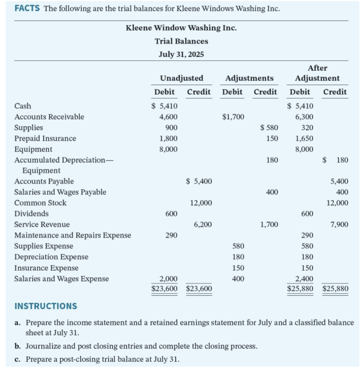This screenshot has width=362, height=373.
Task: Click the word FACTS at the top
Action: [x=27, y=8]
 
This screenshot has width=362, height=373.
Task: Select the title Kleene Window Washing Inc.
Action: [x=181, y=28]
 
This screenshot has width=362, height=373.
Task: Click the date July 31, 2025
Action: [x=181, y=54]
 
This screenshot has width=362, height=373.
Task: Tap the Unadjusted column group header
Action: [x=182, y=78]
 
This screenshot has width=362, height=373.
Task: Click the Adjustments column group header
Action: [x=249, y=78]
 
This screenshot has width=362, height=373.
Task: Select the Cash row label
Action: [x=23, y=106]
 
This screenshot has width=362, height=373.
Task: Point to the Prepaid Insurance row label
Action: [x=45, y=138]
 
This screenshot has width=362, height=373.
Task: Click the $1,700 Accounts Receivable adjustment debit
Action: [x=233, y=117]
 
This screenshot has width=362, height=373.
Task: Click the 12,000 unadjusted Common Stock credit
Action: [x=201, y=203]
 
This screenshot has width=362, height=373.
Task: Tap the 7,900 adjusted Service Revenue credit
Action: [x=339, y=224]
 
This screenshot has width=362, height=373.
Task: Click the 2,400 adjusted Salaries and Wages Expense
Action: [x=305, y=279]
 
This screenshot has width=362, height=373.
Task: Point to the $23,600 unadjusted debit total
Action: [x=165, y=289]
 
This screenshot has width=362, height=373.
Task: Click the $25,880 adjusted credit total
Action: [x=335, y=289]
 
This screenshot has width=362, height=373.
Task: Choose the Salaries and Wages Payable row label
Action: [x=60, y=192]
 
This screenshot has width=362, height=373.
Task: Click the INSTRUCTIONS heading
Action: [x=46, y=306]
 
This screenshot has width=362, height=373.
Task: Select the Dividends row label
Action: [x=31, y=214]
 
